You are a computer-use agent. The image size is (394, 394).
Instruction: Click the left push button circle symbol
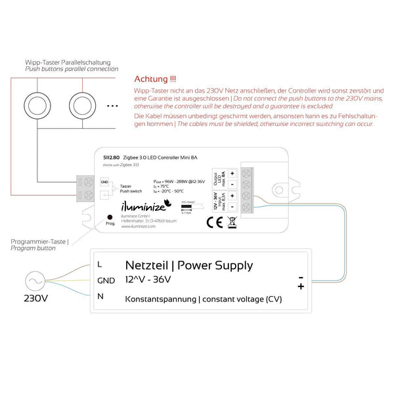point(37,105)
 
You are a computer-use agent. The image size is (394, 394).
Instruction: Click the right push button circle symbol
point(83,105)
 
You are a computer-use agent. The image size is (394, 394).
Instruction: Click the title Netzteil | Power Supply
point(189,265)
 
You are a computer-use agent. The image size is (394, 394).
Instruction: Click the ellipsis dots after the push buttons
point(112,105)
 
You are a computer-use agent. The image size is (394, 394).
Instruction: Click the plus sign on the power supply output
point(301,286)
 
